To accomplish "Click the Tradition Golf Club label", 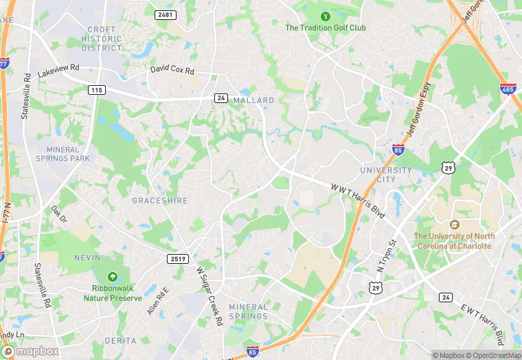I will point(326,28).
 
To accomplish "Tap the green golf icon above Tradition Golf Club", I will point(326,16).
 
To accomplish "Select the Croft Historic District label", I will point(102,38).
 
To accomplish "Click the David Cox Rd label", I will point(172,71).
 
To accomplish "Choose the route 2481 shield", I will point(166,14).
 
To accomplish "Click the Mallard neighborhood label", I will point(254,100).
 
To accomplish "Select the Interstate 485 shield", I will point(508,89).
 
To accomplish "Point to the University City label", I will point(386,175).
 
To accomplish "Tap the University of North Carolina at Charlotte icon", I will point(453,225).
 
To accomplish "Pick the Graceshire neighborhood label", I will point(159,201).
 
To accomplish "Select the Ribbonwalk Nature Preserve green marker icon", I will point(113,276).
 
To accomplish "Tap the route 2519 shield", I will point(177,258).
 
